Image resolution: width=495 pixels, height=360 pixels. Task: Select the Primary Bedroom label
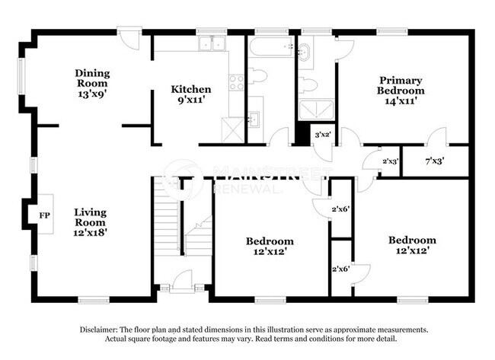[x=401, y=80]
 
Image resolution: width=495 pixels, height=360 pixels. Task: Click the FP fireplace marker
[x=45, y=215]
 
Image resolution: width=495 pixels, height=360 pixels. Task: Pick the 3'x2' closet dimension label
[x=323, y=135]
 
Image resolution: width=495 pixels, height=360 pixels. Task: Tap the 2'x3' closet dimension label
[x=391, y=161]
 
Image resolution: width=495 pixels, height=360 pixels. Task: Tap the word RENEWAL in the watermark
[x=244, y=187]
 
